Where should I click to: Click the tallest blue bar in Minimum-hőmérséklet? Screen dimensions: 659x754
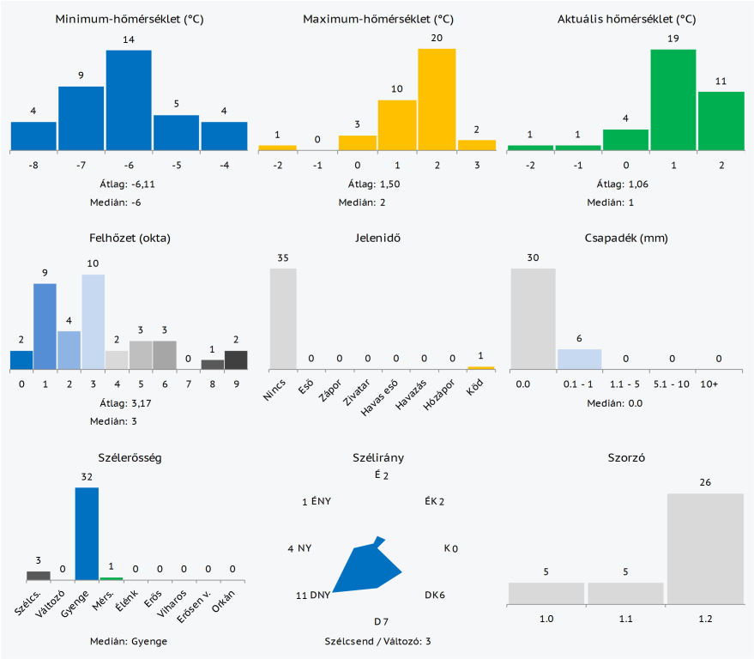[x=129, y=100]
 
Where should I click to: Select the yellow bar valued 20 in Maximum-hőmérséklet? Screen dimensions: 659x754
[x=437, y=100]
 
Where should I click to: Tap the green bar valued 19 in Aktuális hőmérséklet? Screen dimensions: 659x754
[x=673, y=100]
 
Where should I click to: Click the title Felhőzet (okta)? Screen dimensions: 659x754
[x=130, y=238]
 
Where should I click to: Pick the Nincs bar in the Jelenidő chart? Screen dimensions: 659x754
[x=283, y=318]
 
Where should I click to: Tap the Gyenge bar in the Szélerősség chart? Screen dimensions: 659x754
[x=87, y=534]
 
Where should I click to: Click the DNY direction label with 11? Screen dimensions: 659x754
[x=313, y=596]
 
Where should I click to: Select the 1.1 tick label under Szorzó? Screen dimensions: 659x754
[x=625, y=617]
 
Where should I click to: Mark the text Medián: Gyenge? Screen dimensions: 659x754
[x=129, y=641]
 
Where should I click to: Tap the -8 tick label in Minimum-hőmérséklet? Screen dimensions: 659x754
[x=33, y=165]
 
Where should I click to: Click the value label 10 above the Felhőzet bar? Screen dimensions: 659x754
[x=93, y=263]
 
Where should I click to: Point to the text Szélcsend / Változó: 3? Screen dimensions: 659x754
[x=377, y=641]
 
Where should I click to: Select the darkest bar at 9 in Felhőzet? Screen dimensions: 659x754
[x=236, y=360]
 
